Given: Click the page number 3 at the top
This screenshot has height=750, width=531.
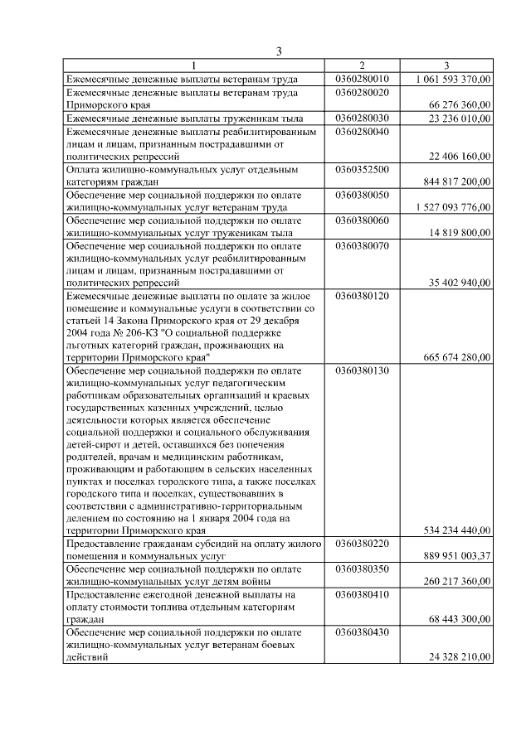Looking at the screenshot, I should pos(280,52).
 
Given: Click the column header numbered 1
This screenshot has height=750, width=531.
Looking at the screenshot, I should pos(194,65).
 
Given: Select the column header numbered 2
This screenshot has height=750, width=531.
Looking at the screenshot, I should pos(362,65).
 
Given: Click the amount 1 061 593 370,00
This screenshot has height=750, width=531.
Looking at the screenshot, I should pos(453,79).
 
